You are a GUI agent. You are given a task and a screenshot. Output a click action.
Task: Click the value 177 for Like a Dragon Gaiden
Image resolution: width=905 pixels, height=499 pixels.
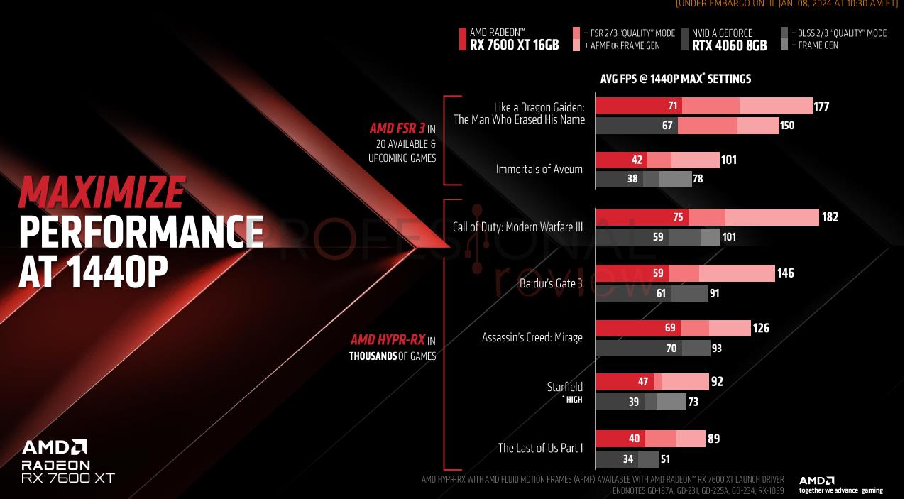click(822, 106)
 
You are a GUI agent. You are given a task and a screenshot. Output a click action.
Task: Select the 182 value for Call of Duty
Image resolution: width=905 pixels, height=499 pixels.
click(830, 217)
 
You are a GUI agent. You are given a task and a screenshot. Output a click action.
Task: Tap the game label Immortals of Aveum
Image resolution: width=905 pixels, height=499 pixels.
click(539, 169)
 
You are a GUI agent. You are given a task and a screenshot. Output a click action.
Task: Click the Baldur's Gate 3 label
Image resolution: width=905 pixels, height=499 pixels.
click(550, 283)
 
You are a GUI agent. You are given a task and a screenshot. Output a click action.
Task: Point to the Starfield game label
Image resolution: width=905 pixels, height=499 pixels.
click(564, 387)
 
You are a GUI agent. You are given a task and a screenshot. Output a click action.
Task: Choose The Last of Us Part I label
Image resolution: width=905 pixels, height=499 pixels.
click(540, 448)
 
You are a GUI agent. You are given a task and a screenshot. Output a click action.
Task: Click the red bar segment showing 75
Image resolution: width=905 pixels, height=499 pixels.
click(642, 217)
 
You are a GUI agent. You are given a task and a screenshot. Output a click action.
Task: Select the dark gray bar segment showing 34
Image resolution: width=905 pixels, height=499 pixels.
click(616, 459)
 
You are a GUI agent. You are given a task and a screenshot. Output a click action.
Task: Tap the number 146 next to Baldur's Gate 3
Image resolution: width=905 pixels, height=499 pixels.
click(785, 273)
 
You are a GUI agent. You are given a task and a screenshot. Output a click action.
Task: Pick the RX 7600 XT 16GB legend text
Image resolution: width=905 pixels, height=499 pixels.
click(514, 45)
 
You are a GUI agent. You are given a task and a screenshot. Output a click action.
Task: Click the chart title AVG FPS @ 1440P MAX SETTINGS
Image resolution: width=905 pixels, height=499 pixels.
click(675, 79)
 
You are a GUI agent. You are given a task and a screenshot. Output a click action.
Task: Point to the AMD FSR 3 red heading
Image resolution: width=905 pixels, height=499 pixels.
click(397, 129)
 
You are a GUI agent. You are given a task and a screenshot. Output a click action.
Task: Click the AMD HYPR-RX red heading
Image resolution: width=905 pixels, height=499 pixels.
click(387, 341)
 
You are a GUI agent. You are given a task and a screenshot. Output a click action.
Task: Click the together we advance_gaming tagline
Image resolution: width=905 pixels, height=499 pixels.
click(840, 490)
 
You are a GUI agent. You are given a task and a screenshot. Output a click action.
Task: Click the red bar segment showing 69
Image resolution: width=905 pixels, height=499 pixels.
click(637, 328)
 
